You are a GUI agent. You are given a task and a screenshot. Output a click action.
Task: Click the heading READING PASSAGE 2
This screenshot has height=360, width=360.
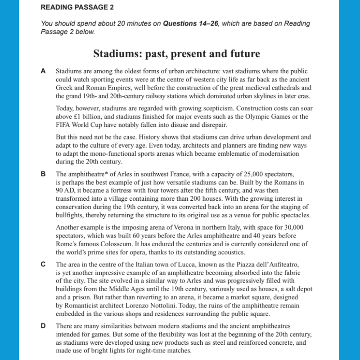pyautogui.click(x=77, y=8)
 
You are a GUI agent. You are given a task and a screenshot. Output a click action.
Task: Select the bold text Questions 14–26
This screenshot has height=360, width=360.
pyautogui.click(x=189, y=23)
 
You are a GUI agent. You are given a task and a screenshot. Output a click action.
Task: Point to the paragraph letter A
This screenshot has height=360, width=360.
pyautogui.click(x=43, y=71)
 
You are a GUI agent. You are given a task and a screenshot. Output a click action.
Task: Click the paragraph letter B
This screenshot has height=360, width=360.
pyautogui.click(x=43, y=174)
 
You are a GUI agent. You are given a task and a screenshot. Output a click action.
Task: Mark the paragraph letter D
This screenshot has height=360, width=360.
pyautogui.click(x=43, y=326)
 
